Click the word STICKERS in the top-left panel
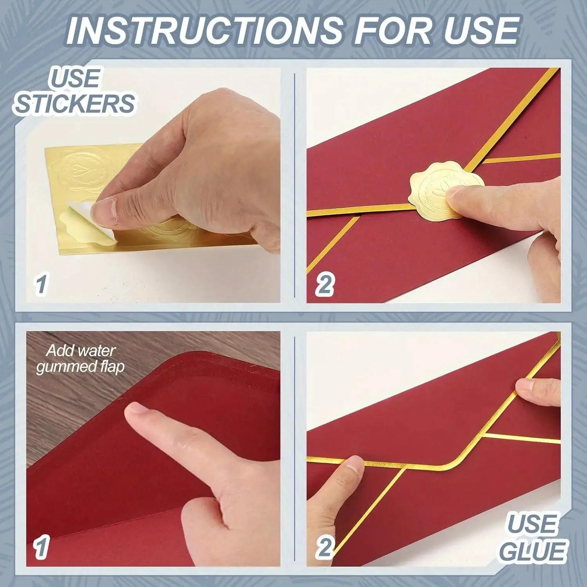click(x=74, y=103)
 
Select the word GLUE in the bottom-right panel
click(x=533, y=552)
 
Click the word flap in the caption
click(x=112, y=367)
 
